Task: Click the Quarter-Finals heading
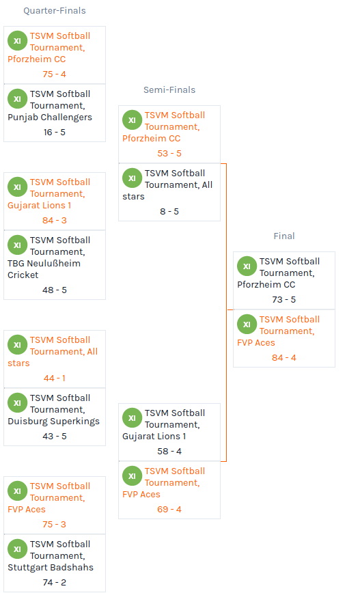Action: click(55, 11)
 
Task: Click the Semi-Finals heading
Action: click(169, 90)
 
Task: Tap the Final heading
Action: click(284, 236)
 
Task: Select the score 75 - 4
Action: click(55, 74)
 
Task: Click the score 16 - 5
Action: click(55, 133)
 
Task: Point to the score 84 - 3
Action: click(55, 221)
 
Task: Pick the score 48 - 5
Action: click(55, 290)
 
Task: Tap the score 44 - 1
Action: click(55, 378)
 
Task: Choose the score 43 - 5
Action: click(55, 437)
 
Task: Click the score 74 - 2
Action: click(55, 582)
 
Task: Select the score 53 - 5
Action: click(169, 154)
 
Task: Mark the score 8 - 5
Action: click(169, 211)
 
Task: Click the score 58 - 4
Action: click(169, 451)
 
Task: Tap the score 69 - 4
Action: click(169, 510)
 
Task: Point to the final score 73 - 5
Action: click(284, 300)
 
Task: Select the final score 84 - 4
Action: click(284, 358)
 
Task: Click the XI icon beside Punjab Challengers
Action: click(17, 98)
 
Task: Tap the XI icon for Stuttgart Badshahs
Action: click(17, 549)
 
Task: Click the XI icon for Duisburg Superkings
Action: click(17, 403)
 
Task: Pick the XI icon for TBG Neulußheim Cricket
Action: click(17, 245)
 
